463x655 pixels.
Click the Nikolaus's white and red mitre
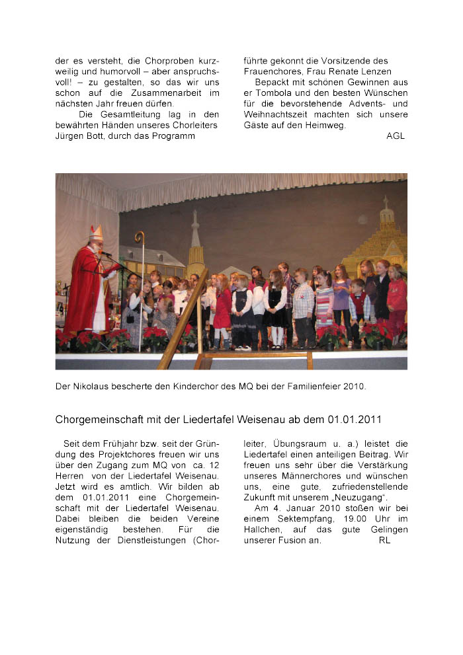[97, 233]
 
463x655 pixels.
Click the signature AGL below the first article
[396, 136]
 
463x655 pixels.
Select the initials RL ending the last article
[385, 540]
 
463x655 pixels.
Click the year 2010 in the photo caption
[374, 385]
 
